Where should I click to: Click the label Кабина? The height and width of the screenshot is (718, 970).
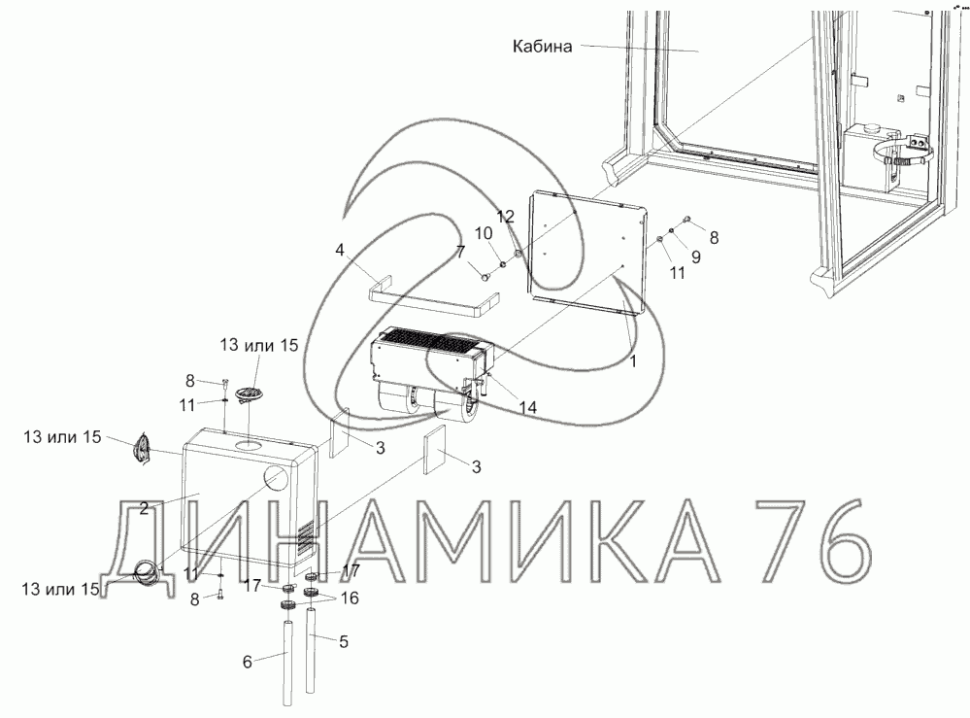tap(543, 47)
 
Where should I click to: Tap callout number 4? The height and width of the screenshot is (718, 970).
tap(340, 250)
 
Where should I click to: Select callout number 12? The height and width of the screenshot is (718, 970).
tap(506, 217)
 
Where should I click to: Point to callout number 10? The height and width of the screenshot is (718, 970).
tap(484, 233)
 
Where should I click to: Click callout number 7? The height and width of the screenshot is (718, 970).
tap(461, 252)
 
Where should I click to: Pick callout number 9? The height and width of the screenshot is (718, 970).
tap(696, 256)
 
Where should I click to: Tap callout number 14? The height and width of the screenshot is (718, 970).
tap(527, 407)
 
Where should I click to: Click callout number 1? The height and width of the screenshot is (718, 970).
tap(633, 360)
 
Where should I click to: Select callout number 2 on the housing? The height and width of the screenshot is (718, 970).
tap(144, 508)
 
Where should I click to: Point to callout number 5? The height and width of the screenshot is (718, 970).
tap(344, 642)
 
